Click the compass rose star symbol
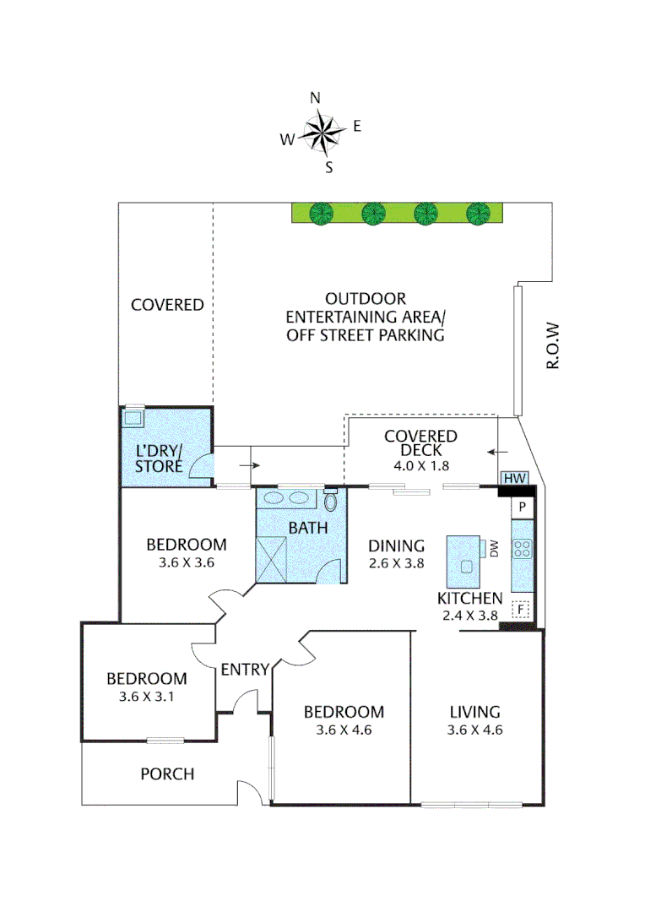pos(321,132)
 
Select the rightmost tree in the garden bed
pos(478,214)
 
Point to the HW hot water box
pos(514,479)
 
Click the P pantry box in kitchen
pos(523,508)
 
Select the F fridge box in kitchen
pos(522,608)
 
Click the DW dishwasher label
pos(495,550)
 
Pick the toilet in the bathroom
pos(331,501)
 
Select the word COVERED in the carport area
pos(167,305)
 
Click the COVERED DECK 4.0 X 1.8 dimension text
pos(420,465)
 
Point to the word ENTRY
pos(244,670)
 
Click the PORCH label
pos(167,774)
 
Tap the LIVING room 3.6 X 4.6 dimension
pos(474,730)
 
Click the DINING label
pos(396,546)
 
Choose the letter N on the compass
pos(316,98)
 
